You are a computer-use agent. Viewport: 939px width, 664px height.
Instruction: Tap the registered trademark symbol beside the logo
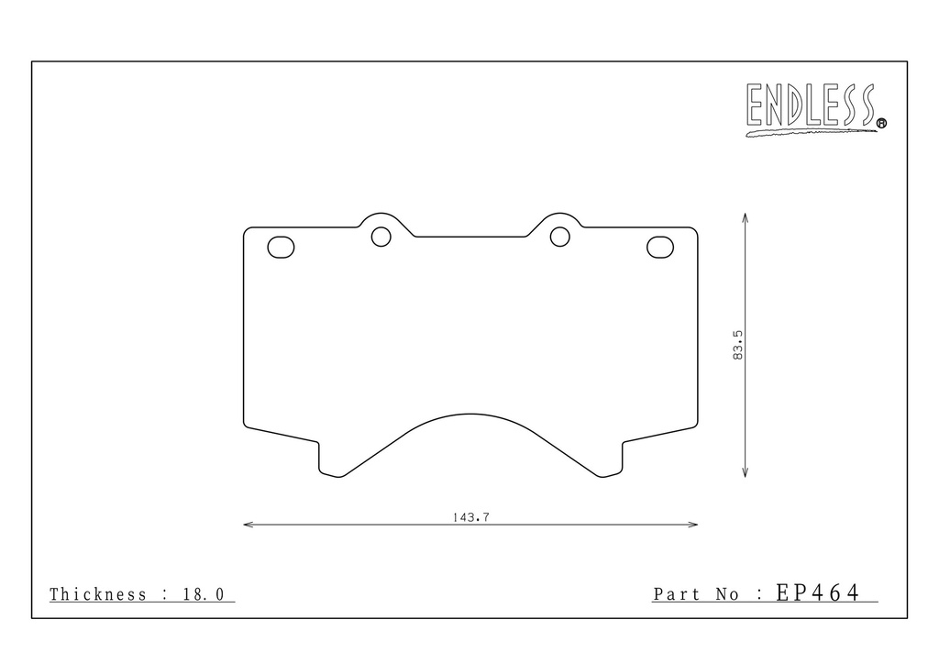click(881, 123)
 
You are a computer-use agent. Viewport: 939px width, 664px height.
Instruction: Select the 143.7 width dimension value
click(470, 517)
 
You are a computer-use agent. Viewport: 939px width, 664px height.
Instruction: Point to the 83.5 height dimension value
click(738, 345)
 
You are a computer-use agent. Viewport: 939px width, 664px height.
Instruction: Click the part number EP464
click(818, 592)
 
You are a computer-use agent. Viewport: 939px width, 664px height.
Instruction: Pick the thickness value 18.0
click(203, 594)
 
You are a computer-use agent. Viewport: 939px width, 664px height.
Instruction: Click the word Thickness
click(97, 594)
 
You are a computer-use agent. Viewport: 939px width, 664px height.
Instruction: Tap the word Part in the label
click(676, 594)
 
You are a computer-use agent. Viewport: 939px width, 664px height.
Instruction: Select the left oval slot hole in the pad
click(281, 248)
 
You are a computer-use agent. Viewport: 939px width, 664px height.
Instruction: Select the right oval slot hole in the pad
click(660, 248)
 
